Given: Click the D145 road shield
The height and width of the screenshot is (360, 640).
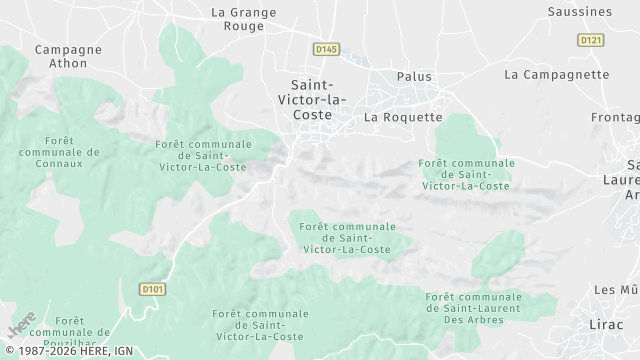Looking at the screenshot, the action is click(325, 48).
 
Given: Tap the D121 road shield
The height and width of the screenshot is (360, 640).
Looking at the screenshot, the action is click(591, 39).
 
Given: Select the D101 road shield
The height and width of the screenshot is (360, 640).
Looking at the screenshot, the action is click(151, 290).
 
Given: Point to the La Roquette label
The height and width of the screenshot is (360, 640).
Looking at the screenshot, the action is click(403, 117).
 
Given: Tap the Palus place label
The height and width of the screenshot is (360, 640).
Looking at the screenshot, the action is click(414, 76).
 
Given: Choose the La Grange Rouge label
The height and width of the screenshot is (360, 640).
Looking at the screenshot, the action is click(243, 20).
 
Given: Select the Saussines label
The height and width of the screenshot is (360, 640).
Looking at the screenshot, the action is click(580, 12).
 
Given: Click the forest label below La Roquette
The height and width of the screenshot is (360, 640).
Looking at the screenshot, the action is click(466, 174).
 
